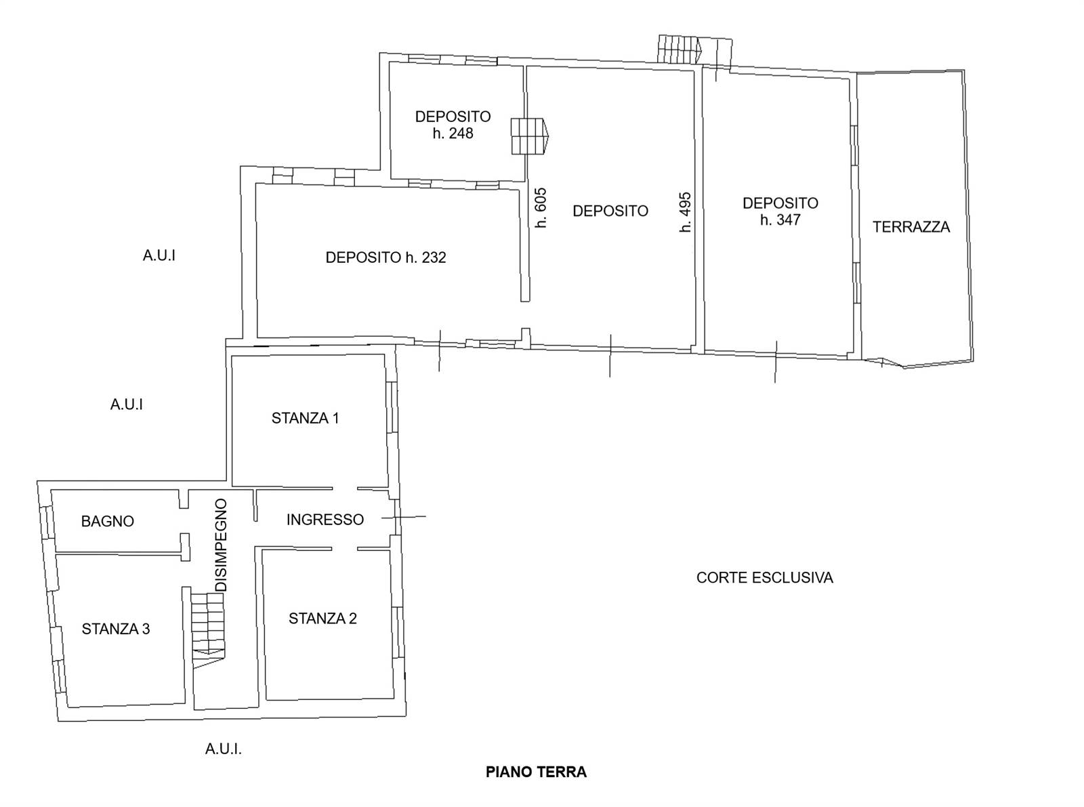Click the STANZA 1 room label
305,419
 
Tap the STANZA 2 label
322,619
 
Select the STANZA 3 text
116,629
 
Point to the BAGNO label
108,522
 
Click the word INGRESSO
325,520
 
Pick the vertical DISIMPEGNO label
222,545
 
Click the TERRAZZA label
911,227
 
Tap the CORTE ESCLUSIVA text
764,578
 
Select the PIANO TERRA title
536,772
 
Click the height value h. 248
453,133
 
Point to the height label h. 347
780,220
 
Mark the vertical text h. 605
541,208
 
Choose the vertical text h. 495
685,211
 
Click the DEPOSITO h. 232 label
385,257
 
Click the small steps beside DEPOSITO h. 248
530,136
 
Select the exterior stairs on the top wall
680,49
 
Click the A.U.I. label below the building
224,749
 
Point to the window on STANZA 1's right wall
392,407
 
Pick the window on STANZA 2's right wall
398,632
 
